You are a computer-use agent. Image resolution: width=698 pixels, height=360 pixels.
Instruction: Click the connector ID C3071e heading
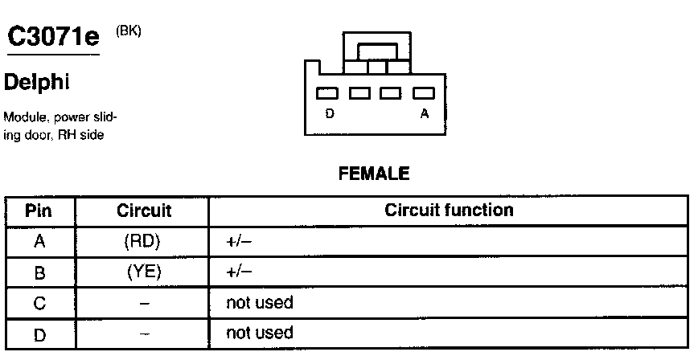53,36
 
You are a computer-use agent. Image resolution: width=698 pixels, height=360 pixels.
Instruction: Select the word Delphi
36,82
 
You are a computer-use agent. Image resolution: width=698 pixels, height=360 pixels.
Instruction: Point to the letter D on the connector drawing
330,114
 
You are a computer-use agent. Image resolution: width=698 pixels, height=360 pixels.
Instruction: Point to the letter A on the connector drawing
424,114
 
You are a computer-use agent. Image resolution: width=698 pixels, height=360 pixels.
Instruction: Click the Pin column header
39,211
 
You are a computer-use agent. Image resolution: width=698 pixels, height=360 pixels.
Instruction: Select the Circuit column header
144,211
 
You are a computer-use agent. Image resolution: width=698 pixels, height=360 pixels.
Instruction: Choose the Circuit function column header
449,211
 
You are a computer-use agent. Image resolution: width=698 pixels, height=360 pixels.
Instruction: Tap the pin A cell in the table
39,242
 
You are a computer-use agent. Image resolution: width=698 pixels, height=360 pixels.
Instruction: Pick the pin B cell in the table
39,272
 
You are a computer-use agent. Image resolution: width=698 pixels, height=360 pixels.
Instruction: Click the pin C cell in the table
39,303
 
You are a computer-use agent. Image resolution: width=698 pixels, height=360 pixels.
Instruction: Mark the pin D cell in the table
39,333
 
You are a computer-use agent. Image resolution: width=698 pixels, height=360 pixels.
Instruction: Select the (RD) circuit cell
144,241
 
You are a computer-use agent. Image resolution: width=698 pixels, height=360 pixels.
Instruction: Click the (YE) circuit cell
144,272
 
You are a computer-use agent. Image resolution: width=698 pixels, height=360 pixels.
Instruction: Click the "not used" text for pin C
260,303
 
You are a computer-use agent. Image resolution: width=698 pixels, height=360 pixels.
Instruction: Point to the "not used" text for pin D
260,333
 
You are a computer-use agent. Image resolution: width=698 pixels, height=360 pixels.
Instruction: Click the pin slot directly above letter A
423,93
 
